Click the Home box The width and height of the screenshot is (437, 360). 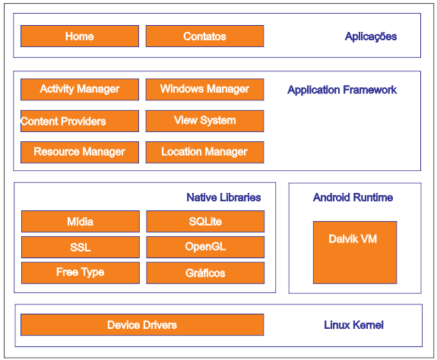coord(80,36)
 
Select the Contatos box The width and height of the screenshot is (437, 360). coord(205,36)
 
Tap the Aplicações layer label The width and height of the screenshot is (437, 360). coord(371,36)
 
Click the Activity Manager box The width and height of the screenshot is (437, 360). coord(80,90)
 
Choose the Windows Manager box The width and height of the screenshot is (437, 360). coord(205,90)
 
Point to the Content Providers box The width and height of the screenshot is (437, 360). coord(80,121)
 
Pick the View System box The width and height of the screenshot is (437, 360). coord(205,121)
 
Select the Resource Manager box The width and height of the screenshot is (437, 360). coord(80,153)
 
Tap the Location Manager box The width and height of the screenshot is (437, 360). coord(205,153)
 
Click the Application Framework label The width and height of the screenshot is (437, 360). coord(342,90)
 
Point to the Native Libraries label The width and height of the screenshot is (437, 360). coord(223,197)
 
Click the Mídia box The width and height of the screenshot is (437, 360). coord(81,221)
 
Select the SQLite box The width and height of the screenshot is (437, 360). coord(205,221)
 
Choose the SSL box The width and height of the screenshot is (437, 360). coord(81,248)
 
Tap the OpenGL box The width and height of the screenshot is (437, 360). coord(205,248)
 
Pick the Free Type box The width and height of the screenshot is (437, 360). coord(81,273)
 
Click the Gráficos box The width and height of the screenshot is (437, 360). coord(205,273)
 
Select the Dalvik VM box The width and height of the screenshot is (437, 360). coord(355,252)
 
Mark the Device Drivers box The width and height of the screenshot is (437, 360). coord(142,324)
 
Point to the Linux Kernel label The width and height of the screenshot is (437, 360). coord(353,325)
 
